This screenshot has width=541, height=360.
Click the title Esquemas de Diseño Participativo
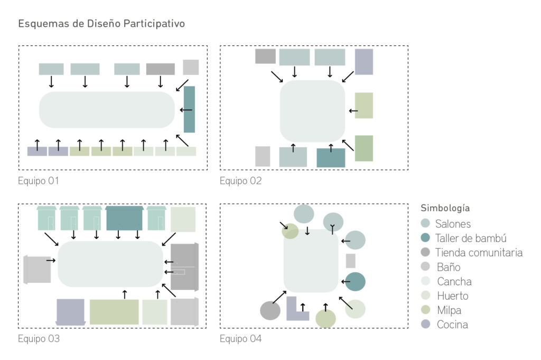(101, 23)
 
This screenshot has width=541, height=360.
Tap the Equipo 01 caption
(38, 181)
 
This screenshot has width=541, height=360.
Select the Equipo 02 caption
(240, 181)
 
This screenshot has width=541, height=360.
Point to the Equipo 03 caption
(39, 339)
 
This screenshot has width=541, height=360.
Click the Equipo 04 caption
(240, 339)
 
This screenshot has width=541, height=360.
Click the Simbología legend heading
(445, 209)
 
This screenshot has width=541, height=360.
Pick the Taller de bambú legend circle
(425, 238)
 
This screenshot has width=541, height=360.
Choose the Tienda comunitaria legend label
(479, 253)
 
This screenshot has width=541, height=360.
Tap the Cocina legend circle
(425, 324)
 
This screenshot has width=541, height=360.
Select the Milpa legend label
(449, 310)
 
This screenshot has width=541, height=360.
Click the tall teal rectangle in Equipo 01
(189, 109)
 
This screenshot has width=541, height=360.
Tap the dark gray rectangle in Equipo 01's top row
(161, 69)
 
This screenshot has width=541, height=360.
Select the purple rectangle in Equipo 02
(364, 62)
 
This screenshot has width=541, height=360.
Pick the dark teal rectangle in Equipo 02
(331, 158)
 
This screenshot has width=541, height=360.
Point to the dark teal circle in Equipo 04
(355, 282)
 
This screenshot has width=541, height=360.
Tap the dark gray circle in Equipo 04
(270, 310)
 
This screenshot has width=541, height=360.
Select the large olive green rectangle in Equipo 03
(114, 312)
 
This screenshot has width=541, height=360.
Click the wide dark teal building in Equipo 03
(124, 219)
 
